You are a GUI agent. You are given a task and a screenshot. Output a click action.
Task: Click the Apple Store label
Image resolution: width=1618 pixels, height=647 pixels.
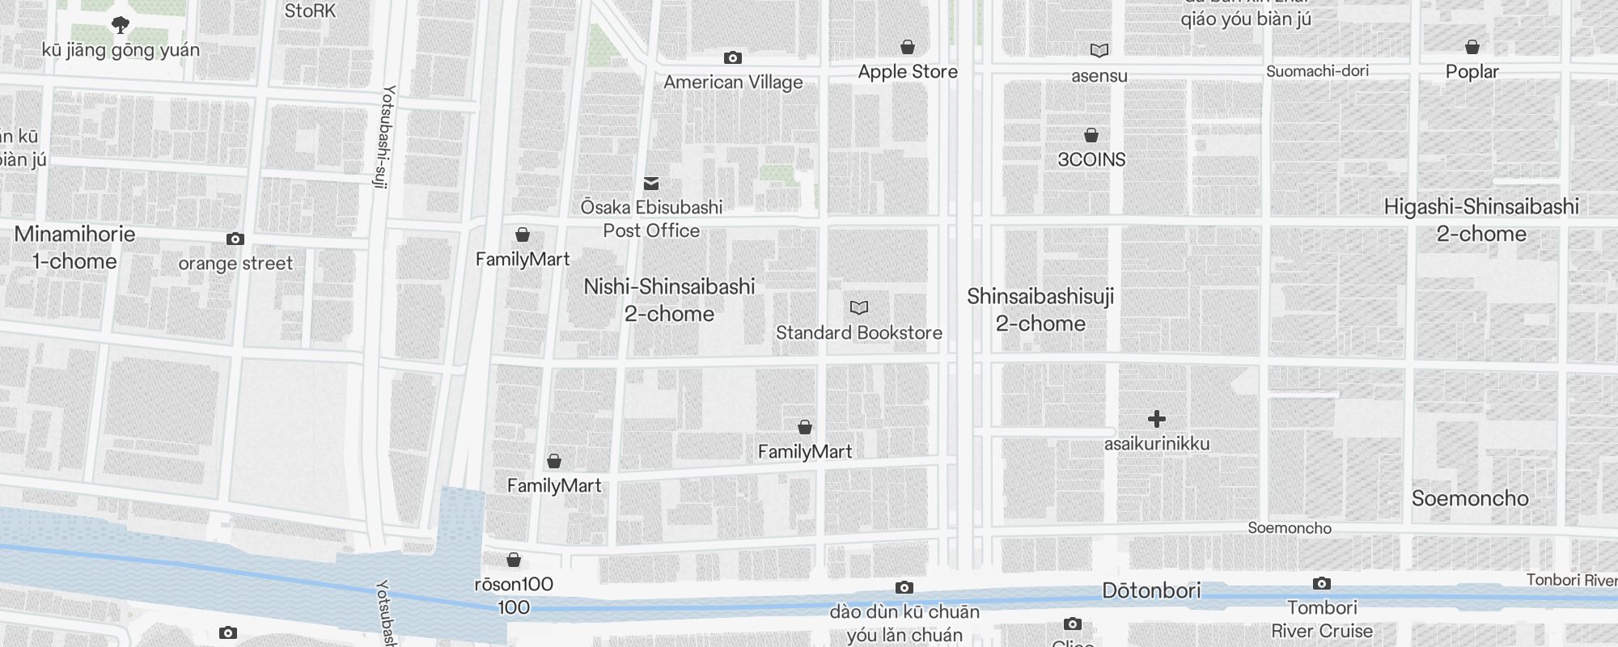(x=907, y=72)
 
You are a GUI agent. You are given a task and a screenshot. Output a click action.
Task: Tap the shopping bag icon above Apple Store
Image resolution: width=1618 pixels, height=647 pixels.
(x=908, y=48)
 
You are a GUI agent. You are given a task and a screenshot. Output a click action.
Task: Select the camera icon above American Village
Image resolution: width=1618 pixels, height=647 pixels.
(x=732, y=58)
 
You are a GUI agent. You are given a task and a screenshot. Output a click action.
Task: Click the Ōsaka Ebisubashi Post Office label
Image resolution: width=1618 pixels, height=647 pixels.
(x=651, y=219)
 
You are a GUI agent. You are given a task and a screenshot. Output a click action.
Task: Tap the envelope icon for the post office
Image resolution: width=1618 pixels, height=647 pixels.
(x=651, y=184)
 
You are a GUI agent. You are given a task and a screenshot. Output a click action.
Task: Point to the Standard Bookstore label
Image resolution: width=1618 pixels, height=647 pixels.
(x=858, y=332)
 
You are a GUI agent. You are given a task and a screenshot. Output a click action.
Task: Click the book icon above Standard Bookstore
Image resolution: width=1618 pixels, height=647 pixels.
(x=859, y=308)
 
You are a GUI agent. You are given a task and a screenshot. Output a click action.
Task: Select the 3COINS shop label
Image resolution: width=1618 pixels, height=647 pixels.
(x=1091, y=159)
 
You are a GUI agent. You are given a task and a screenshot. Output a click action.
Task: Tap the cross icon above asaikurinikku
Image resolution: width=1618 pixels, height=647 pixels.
(x=1157, y=419)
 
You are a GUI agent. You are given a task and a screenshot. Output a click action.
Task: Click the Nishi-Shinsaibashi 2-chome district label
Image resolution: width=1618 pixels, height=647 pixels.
(x=669, y=300)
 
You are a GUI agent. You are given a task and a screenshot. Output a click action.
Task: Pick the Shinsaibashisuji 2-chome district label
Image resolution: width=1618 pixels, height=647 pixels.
(x=1040, y=310)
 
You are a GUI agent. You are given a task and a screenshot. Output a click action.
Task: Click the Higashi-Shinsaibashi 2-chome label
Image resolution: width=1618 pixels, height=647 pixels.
(x=1481, y=220)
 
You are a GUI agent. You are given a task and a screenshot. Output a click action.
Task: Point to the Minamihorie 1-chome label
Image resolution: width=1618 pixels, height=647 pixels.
(x=74, y=247)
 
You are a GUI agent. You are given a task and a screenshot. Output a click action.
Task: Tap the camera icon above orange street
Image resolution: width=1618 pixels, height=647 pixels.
(x=235, y=239)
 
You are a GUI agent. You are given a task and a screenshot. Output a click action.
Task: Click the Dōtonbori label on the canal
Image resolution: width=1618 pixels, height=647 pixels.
(x=1151, y=590)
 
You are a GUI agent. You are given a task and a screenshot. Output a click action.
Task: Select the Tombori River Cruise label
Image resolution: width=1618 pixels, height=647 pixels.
(x=1322, y=619)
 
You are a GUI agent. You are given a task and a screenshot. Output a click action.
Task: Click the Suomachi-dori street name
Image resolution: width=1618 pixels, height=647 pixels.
(x=1317, y=71)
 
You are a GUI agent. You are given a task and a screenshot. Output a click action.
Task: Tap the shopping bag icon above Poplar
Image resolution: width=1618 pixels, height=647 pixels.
(x=1472, y=48)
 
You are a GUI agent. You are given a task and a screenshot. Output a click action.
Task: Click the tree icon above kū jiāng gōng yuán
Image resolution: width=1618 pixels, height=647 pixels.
(x=121, y=25)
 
